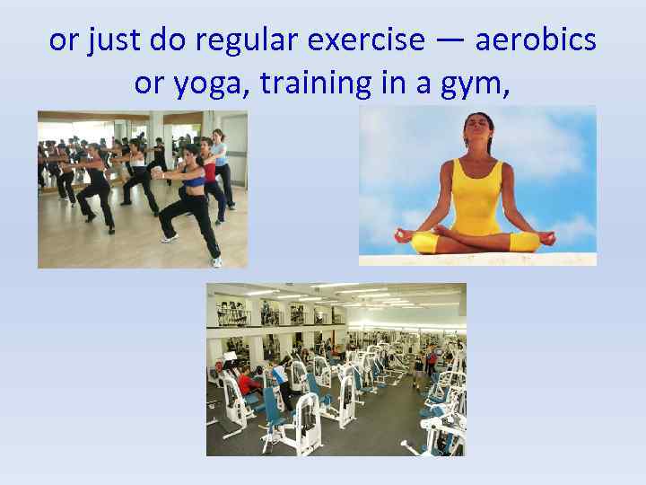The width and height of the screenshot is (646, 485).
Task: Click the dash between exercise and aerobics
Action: point(450,41)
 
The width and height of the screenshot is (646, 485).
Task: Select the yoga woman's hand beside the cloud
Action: point(546,238)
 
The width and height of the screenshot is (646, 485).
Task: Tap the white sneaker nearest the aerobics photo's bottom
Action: point(216,261)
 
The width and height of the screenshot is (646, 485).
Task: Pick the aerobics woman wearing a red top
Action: point(209,172)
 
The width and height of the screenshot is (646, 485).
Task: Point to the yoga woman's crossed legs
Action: point(476,241)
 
